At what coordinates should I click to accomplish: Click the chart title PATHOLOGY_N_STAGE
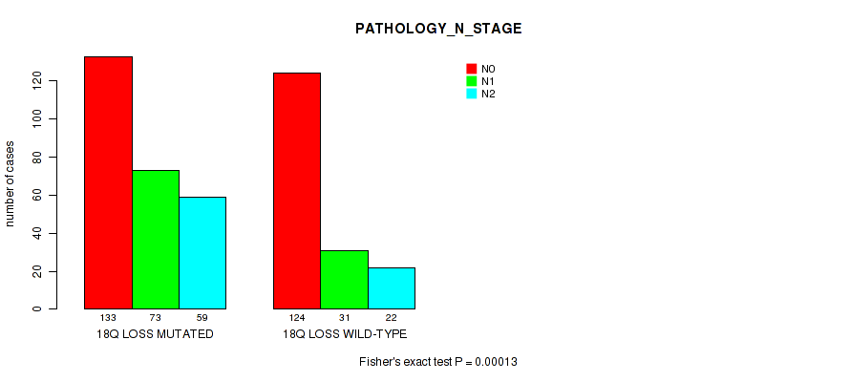click(438, 30)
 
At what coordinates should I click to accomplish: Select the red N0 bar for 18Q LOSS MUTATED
click(109, 182)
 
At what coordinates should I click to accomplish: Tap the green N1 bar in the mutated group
click(156, 240)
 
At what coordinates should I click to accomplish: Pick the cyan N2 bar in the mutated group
click(202, 253)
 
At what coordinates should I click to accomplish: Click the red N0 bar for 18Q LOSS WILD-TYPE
click(297, 191)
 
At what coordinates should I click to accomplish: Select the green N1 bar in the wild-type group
click(344, 280)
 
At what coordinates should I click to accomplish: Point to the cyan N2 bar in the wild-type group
click(392, 288)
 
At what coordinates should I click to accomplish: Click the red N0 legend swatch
click(472, 69)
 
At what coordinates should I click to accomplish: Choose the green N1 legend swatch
click(472, 81)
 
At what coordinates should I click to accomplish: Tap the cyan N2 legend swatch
click(472, 94)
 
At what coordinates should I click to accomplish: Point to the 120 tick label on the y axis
click(37, 81)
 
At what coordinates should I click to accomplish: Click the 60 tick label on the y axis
click(37, 195)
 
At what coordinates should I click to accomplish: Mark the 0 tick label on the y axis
click(37, 309)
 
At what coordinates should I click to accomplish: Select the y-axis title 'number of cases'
click(11, 183)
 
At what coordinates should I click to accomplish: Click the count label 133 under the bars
click(109, 318)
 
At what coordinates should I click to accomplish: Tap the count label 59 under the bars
click(202, 318)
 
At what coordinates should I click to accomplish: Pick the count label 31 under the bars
click(344, 318)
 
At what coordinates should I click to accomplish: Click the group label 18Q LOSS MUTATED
click(155, 334)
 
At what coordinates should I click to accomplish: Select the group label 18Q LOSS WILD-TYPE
click(345, 334)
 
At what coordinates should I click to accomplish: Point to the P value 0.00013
click(496, 362)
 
